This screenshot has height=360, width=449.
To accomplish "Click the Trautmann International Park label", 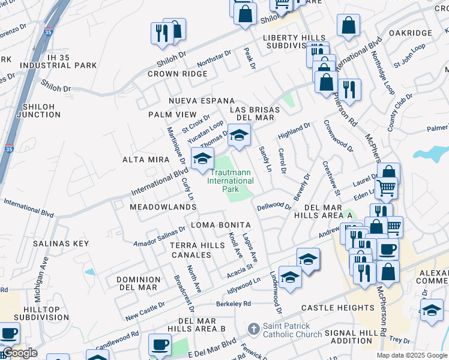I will coord(231,181).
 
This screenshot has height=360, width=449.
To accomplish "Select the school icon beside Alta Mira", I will coord(203,159).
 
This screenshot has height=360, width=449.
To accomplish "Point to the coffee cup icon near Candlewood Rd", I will coord(160,344).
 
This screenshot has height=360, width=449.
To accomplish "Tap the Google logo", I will coord(19,353).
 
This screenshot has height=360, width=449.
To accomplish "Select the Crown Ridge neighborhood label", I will coord(177,74).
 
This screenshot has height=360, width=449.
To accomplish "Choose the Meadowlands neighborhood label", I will coord(159,206).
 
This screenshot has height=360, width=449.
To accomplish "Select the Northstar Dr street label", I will coord(214,59).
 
